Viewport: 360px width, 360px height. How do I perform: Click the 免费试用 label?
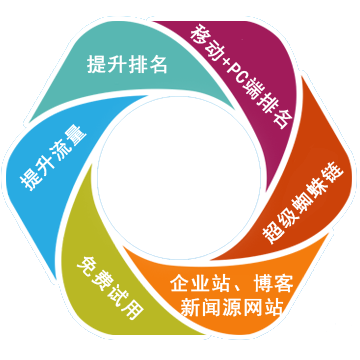click(x=109, y=283)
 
